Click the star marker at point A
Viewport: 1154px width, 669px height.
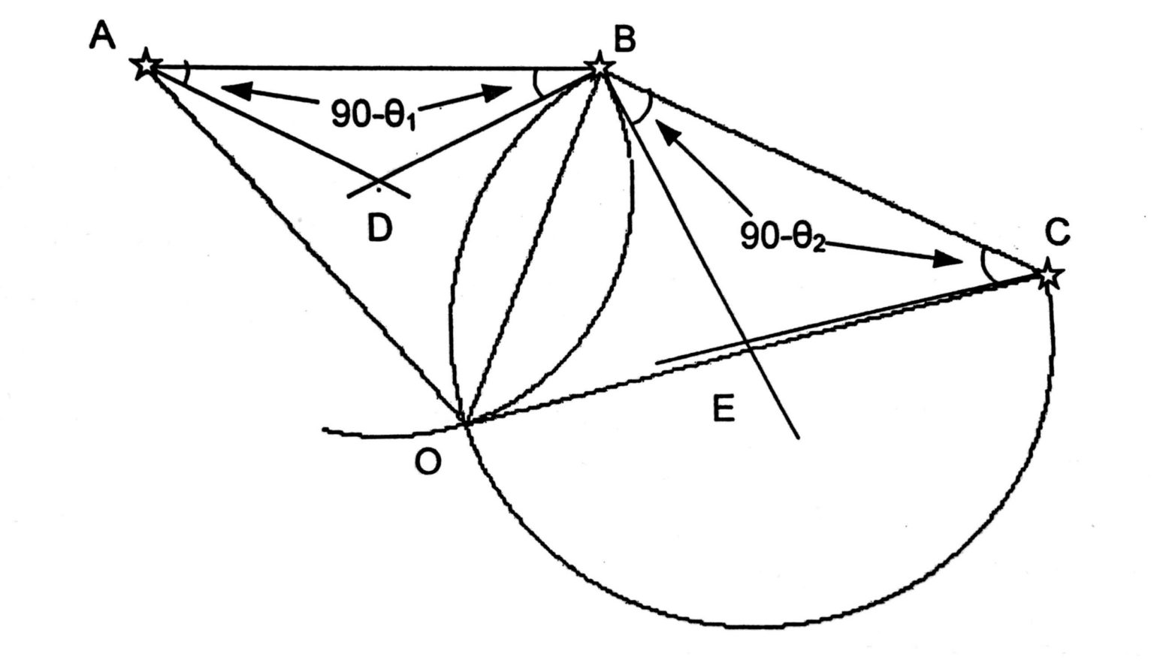click(145, 65)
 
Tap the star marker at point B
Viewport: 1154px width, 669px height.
click(599, 66)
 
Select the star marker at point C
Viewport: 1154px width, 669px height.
click(1048, 276)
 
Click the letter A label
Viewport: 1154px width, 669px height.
click(102, 35)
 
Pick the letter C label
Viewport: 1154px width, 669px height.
click(1057, 233)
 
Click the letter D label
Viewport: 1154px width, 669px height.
click(380, 228)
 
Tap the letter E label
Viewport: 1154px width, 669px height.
click(723, 409)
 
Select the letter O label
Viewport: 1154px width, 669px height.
click(427, 463)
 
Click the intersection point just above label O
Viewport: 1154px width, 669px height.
click(466, 423)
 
